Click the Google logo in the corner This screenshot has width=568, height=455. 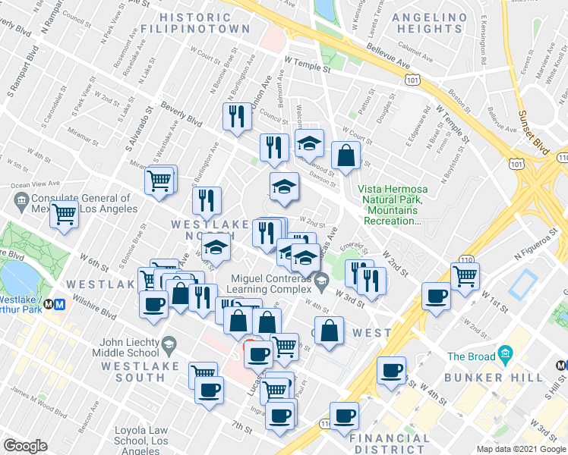(25, 446)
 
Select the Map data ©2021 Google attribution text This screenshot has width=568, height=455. (520, 449)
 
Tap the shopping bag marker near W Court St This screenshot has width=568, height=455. (346, 155)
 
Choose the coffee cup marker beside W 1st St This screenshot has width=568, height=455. (436, 295)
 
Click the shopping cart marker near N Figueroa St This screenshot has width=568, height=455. (465, 275)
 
